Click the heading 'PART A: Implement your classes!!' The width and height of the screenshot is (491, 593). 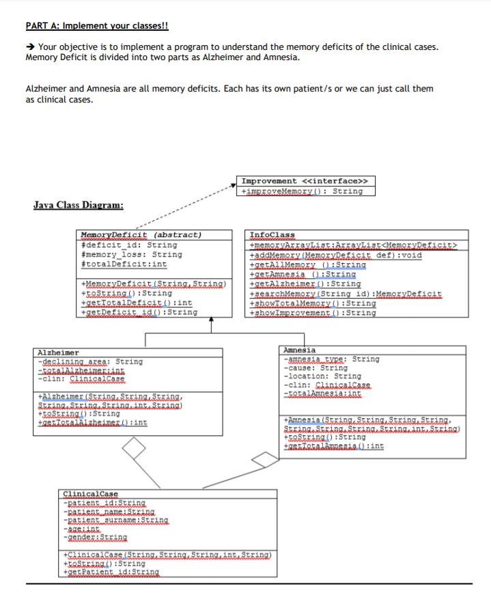pos(96,26)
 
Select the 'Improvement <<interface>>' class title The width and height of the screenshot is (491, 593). pos(305,181)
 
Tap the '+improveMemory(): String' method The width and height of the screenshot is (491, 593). pos(302,191)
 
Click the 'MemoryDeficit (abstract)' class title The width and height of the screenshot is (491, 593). pos(141,234)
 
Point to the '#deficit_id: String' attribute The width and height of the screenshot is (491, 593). pos(129,245)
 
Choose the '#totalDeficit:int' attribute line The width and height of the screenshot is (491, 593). pos(124,264)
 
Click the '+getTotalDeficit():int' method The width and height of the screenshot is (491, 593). pos(137,303)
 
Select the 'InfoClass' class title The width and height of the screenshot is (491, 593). pos(272,234)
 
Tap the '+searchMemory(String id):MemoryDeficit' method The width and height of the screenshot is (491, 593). pos(346,294)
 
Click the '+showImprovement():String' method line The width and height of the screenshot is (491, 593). pos(313,313)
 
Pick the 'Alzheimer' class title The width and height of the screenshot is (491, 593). pos(58,353)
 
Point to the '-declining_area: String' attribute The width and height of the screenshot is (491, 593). pos(90,361)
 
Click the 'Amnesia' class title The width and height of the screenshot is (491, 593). pos(299,350)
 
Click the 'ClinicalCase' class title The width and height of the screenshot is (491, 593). pos(90,494)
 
